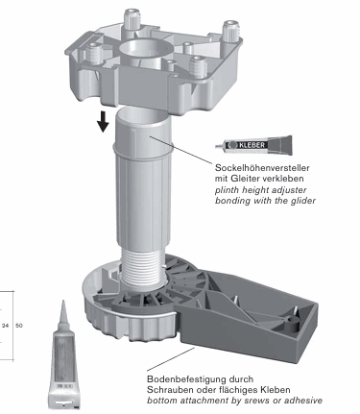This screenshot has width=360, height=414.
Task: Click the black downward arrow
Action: click(103, 122)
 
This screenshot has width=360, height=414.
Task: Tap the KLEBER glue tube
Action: click(253, 145)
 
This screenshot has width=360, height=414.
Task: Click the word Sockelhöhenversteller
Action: click(262, 168)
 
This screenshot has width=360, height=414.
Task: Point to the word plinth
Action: click(227, 190)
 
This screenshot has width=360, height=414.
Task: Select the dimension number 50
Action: click(19, 326)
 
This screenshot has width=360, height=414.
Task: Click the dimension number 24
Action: click(6, 326)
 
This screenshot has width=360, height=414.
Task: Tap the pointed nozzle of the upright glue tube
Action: click(63, 312)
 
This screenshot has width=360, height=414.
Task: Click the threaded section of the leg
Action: click(142, 267)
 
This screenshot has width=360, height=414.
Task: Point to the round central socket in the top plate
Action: click(146, 51)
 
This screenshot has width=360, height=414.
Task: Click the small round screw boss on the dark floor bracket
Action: click(292, 325)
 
